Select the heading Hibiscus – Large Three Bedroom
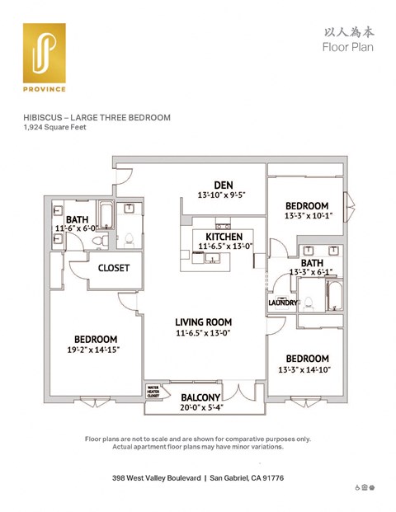[x=97, y=118]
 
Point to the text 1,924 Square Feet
[x=54, y=128]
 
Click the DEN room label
[x=222, y=185]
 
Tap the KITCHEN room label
[x=219, y=237]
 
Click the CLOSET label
[x=113, y=269]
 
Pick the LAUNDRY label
[x=282, y=303]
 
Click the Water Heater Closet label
[x=153, y=390]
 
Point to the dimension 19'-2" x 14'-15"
[x=95, y=350]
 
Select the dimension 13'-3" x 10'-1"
[x=307, y=217]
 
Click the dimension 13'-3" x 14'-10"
[x=307, y=369]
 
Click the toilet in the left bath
[x=98, y=240]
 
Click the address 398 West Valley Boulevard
[x=158, y=478]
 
